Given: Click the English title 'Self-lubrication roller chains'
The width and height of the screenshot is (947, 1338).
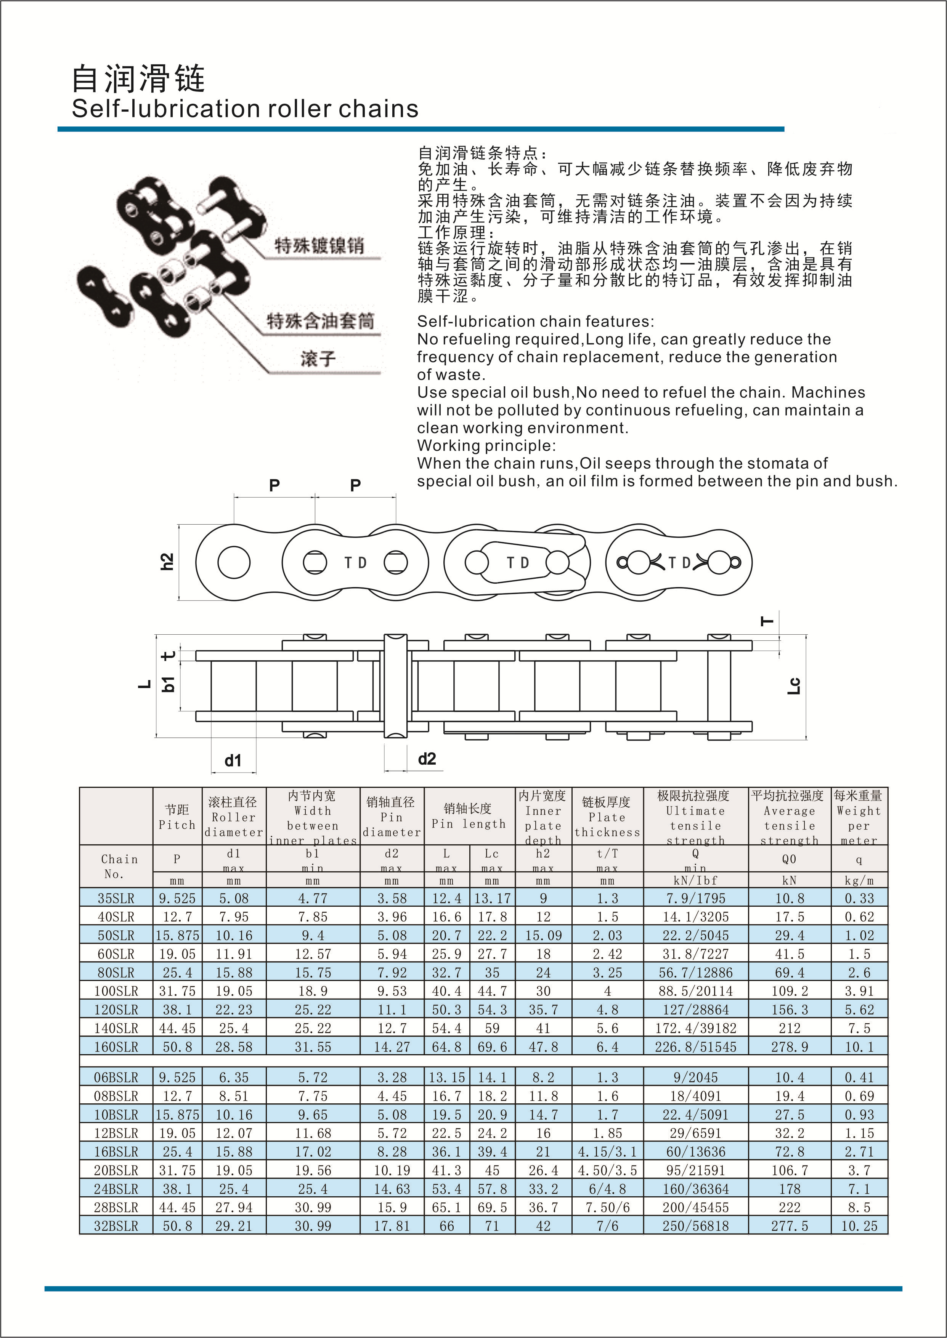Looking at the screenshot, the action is tap(245, 109).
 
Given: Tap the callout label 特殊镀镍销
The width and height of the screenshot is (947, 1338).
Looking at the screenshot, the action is tap(319, 245).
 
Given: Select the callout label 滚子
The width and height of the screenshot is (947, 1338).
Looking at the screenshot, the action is tap(318, 359).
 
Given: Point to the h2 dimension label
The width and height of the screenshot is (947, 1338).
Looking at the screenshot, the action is tap(167, 561).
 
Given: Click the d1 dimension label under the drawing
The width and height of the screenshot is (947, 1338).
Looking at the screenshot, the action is tap(233, 760).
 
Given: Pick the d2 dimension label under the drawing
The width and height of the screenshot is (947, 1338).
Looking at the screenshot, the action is tap(427, 759).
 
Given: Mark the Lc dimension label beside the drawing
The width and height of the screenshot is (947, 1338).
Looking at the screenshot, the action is tap(794, 686).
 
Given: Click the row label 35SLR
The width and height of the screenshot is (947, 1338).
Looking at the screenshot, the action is tap(116, 898).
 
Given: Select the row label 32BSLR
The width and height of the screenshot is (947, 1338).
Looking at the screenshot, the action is tap(116, 1226).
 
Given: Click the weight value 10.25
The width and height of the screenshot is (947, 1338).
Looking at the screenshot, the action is tap(859, 1226).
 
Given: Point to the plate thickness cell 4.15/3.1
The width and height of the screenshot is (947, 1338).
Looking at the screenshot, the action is tap(607, 1152).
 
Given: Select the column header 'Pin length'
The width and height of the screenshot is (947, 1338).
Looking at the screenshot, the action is tap(468, 823).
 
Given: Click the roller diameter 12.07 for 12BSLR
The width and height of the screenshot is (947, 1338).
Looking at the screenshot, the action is tap(234, 1133).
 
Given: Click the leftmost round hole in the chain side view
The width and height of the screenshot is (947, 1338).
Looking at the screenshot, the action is tap(234, 562).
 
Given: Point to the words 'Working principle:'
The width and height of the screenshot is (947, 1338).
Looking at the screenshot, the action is tap(486, 446).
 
